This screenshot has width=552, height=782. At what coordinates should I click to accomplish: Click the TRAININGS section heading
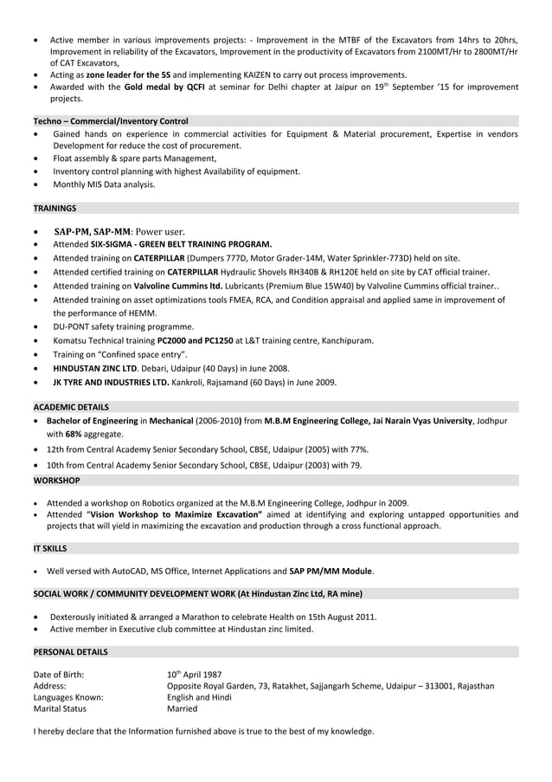[x=55, y=209]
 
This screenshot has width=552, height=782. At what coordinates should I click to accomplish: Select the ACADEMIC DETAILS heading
[x=71, y=406]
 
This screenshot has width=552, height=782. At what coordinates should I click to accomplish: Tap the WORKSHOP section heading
[x=56, y=480]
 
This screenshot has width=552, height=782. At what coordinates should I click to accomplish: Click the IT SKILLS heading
[x=50, y=548]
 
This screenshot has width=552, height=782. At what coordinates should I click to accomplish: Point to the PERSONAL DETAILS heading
[x=71, y=650]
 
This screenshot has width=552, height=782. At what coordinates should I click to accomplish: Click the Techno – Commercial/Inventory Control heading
[x=111, y=121]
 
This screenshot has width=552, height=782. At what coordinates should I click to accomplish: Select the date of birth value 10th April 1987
[x=195, y=674]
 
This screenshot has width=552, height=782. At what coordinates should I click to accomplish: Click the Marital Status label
[x=60, y=708]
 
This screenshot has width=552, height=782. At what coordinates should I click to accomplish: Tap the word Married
[x=182, y=708]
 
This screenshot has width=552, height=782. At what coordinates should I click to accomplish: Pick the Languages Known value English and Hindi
[x=199, y=697]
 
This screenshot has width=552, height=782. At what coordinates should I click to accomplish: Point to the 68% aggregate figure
[x=75, y=434]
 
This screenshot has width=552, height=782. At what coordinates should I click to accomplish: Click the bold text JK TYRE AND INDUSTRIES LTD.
[x=111, y=382]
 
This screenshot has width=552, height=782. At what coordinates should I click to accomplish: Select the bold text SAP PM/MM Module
[x=331, y=572]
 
